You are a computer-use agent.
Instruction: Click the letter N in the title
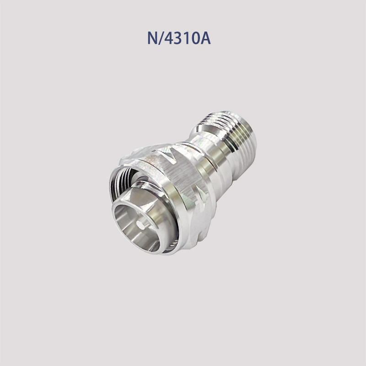coord(152,38)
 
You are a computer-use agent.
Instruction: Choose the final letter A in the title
coord(205,38)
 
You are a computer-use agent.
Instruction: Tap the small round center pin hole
coord(141,226)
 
